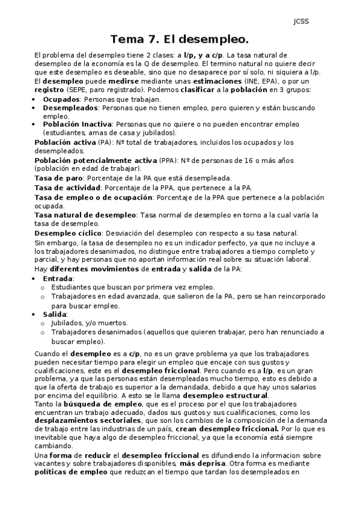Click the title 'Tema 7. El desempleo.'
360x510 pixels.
(179, 40)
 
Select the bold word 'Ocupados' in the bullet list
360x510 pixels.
(61, 98)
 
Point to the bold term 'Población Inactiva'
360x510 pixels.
(77, 124)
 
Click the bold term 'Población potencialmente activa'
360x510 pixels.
(96, 161)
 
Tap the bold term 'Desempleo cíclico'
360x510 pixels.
(67, 233)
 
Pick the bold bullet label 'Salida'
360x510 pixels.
(55, 314)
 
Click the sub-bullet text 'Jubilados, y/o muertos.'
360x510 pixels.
(89, 323)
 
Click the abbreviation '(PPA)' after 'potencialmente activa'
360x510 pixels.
(168, 161)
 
